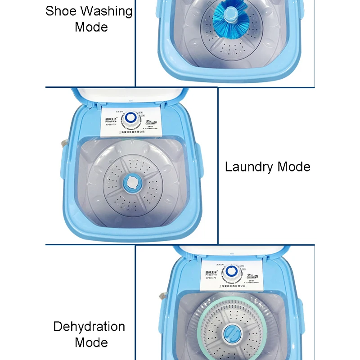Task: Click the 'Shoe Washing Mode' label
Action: (x=89, y=18)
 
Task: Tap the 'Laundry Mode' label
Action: (x=267, y=167)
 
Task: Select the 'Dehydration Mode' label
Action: (x=89, y=334)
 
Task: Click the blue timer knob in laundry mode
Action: (x=131, y=118)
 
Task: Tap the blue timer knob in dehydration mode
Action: (x=232, y=271)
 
